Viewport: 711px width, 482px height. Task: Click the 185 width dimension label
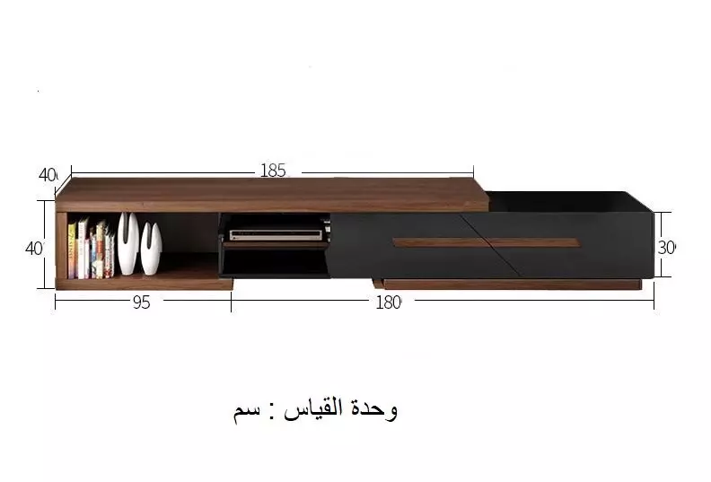pyautogui.click(x=273, y=171)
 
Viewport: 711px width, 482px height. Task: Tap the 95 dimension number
pyautogui.click(x=142, y=302)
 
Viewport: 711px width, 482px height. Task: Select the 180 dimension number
pyautogui.click(x=388, y=302)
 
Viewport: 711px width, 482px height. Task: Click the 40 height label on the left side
pyautogui.click(x=34, y=249)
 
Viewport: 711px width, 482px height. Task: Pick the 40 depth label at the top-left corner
pyautogui.click(x=48, y=175)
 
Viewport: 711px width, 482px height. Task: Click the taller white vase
pyautogui.click(x=127, y=243)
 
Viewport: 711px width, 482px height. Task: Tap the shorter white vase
pyautogui.click(x=151, y=248)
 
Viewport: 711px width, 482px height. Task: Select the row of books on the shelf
pyautogui.click(x=91, y=249)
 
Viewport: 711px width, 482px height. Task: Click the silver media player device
pyautogui.click(x=276, y=234)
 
